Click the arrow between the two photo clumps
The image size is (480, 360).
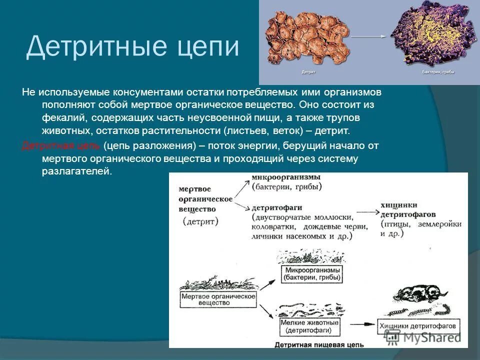[369, 36]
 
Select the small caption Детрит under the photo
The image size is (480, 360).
[308, 72]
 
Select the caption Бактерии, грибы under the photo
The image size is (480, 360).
[438, 72]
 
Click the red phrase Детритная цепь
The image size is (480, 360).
[61, 145]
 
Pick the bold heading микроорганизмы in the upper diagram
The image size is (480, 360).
[286, 178]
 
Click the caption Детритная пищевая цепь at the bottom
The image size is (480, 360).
[319, 344]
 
